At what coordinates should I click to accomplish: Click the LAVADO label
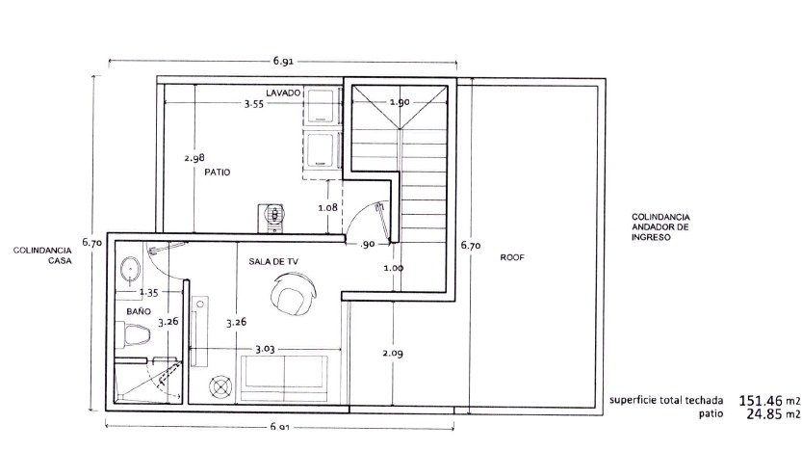tap(283, 93)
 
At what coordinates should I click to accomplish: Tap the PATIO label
tap(218, 172)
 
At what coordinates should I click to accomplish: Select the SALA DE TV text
tap(273, 261)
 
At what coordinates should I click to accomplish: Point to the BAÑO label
tap(139, 311)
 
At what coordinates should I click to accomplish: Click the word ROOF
tap(512, 257)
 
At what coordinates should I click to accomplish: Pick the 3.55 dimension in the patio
tap(254, 104)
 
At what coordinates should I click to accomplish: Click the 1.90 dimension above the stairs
tap(400, 102)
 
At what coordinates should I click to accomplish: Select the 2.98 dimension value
tap(194, 158)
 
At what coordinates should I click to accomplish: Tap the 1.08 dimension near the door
tap(328, 207)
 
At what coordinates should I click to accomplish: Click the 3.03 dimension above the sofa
tap(265, 349)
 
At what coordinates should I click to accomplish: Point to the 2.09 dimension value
tap(392, 354)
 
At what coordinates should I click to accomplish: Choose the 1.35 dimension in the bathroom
tap(149, 293)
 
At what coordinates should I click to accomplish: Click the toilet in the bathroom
tap(133, 334)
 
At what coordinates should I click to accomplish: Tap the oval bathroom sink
tap(130, 270)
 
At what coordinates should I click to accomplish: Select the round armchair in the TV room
tap(293, 294)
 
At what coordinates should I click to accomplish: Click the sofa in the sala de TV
tap(284, 379)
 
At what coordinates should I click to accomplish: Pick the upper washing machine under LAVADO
tap(322, 106)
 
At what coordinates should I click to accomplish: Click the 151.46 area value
tap(761, 400)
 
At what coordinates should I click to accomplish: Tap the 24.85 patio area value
tap(764, 413)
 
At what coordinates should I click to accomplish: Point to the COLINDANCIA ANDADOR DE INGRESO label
tap(660, 227)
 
